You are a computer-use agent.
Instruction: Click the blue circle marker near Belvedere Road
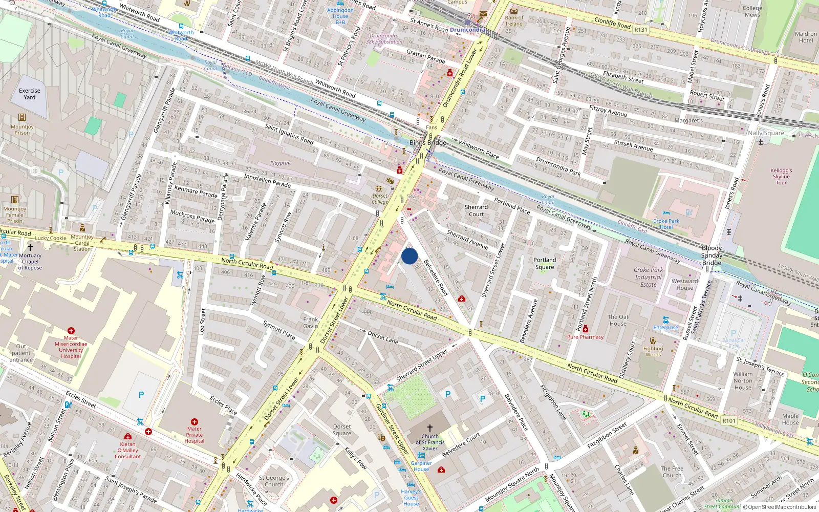pos(409,256)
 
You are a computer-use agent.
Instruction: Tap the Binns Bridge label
pos(427,143)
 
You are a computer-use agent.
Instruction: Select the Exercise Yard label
pos(30,94)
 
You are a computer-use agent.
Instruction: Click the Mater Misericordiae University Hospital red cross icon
pos(71,331)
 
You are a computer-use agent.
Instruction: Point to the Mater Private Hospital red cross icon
pos(194,422)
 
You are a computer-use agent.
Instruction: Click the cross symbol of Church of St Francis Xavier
pos(430,428)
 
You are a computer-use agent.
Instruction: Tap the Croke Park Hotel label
pos(666,224)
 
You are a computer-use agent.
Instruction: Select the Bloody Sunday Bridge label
pos(712,255)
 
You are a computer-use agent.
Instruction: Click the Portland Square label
pos(545,263)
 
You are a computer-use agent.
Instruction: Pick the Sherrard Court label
pos(476,210)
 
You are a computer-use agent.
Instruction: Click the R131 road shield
pos(640,30)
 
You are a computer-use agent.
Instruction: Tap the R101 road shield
pos(728,421)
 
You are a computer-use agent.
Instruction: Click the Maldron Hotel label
pos(806,37)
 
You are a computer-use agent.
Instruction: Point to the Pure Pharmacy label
pos(585,337)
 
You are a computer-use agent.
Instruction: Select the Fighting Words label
pos(653,351)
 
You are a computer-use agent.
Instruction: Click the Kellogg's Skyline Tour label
pos(781,177)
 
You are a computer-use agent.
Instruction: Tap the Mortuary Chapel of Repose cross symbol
pos(30,247)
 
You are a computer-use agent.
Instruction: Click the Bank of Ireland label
pos(514,20)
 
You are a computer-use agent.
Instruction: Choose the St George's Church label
pos(274,481)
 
